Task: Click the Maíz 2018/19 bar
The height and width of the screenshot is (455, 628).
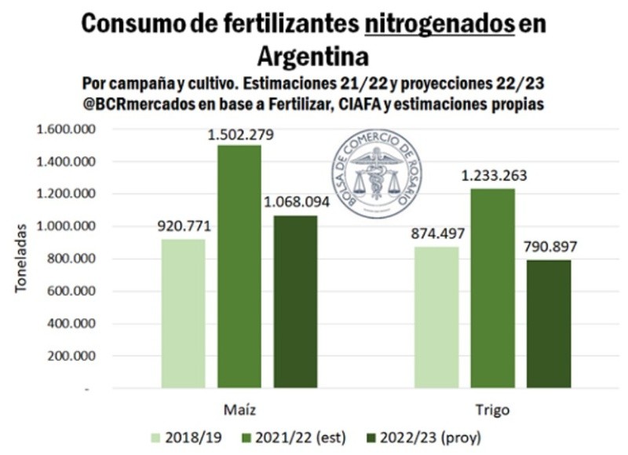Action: (x=183, y=314)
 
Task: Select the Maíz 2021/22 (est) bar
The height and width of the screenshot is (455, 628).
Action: (x=239, y=267)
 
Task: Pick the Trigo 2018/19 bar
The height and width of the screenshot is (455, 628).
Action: (x=436, y=317)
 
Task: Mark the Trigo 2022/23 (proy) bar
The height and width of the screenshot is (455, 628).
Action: (x=549, y=324)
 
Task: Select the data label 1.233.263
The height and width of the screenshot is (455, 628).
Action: (x=495, y=176)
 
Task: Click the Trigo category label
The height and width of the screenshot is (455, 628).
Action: (x=492, y=410)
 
